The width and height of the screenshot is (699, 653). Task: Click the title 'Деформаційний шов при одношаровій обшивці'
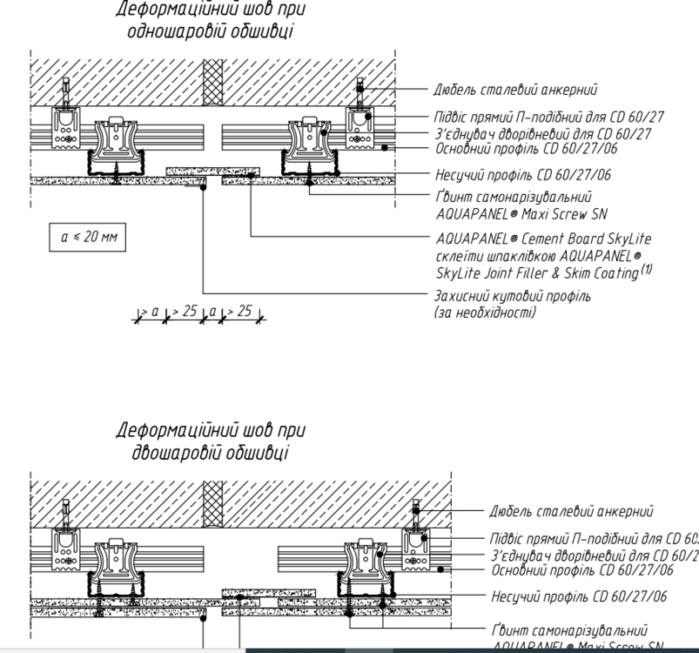click(x=212, y=20)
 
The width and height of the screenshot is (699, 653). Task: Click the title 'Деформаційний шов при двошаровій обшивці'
click(x=212, y=441)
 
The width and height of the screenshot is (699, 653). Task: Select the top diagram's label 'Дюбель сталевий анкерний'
click(x=515, y=89)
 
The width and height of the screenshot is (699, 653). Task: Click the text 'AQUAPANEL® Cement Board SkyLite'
click(x=542, y=238)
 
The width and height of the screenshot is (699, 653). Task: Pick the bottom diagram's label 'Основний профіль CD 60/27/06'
click(x=582, y=569)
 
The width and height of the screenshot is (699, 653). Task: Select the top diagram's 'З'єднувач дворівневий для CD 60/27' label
click(x=541, y=133)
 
